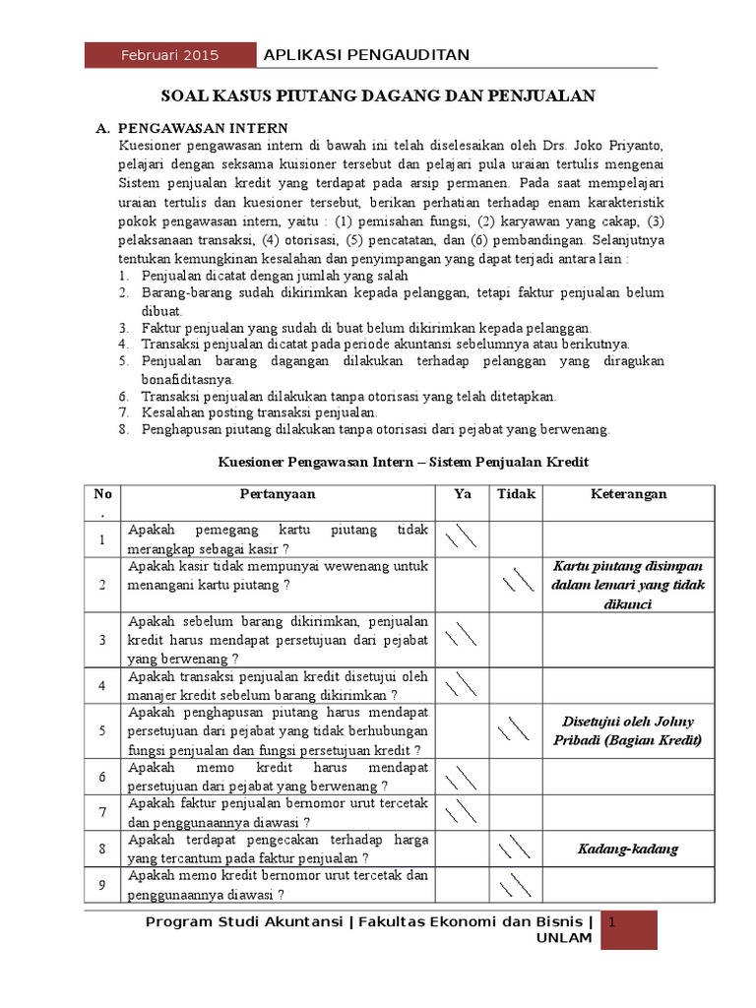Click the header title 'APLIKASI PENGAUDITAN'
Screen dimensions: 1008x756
coord(366,54)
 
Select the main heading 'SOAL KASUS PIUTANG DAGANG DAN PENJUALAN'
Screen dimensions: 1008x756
coord(378,95)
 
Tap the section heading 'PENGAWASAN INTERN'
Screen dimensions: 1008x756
coord(203,128)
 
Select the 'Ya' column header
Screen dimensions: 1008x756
coord(463,494)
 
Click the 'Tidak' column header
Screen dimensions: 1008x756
coord(516,494)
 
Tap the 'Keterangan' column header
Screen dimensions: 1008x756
coord(629,494)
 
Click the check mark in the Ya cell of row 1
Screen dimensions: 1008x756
coord(462,538)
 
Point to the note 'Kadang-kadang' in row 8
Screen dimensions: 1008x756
coord(629,849)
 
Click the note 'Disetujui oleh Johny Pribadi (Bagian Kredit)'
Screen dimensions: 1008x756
coord(629,730)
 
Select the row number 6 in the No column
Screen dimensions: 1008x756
coord(101,777)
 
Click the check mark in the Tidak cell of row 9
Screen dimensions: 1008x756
coord(516,886)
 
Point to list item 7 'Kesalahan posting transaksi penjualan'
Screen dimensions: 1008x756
coord(260,412)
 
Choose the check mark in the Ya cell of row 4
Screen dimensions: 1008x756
coord(462,684)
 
